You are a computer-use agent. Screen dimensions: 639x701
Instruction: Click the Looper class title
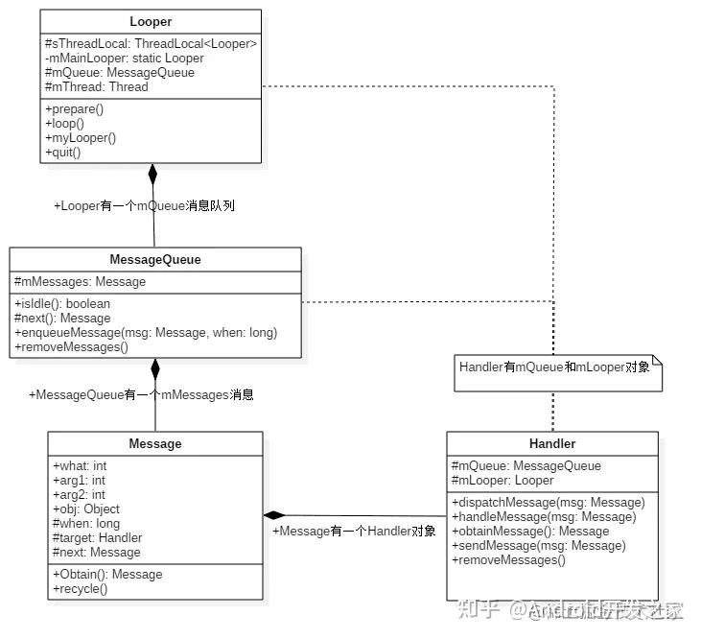[151, 22]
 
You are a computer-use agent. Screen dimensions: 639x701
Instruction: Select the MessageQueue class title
[154, 259]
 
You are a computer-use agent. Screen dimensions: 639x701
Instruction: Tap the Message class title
[154, 443]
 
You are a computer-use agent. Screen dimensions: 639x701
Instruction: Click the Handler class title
[552, 443]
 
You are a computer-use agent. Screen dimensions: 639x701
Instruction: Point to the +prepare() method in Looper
[74, 109]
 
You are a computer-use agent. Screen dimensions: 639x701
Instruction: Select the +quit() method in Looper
[63, 152]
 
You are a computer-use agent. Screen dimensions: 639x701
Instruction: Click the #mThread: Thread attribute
[96, 86]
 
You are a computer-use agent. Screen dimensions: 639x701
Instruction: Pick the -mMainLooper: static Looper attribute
[124, 58]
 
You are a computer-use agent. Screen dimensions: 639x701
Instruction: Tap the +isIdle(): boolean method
[62, 304]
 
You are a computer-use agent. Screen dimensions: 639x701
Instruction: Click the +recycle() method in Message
[80, 588]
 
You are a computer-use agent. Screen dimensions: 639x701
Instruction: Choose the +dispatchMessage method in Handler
[548, 502]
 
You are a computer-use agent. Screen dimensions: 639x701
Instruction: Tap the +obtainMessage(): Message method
[529, 531]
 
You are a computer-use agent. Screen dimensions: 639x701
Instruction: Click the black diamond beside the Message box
[275, 515]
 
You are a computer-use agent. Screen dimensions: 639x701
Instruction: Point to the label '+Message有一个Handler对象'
[354, 531]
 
